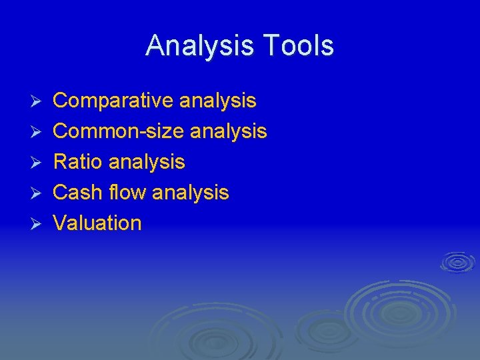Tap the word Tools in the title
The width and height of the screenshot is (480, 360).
coord(298,45)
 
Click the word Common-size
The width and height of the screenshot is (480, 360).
coord(118,131)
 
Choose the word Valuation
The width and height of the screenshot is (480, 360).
coord(97,223)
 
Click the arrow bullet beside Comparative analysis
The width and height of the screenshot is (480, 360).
coord(37,101)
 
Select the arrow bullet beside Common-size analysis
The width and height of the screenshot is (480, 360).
coord(37,132)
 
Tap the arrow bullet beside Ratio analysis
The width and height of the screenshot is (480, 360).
coord(37,163)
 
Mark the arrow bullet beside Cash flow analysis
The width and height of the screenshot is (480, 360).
coord(37,193)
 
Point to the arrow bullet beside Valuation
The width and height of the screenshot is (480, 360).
coord(37,224)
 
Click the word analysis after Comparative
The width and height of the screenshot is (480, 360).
coord(217,101)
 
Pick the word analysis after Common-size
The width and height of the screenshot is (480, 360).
coord(229,131)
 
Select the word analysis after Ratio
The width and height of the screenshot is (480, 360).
coord(147,162)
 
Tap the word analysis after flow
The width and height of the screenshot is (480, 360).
coord(191,193)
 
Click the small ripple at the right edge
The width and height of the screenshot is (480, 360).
coord(457,262)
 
